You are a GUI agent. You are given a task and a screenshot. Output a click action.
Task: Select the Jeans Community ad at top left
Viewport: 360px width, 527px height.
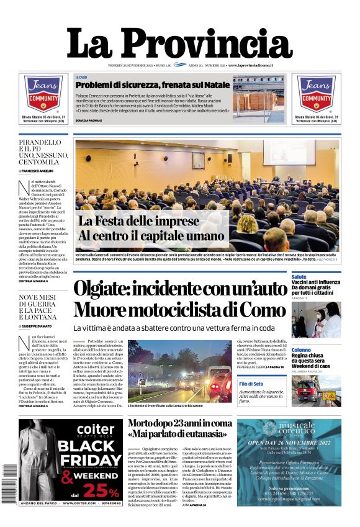pyautogui.click(x=43, y=99)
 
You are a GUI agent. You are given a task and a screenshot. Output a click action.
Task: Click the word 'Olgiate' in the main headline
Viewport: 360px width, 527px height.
pyautogui.click(x=107, y=289)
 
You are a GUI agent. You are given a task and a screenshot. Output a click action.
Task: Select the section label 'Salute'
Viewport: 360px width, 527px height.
pyautogui.click(x=299, y=276)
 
